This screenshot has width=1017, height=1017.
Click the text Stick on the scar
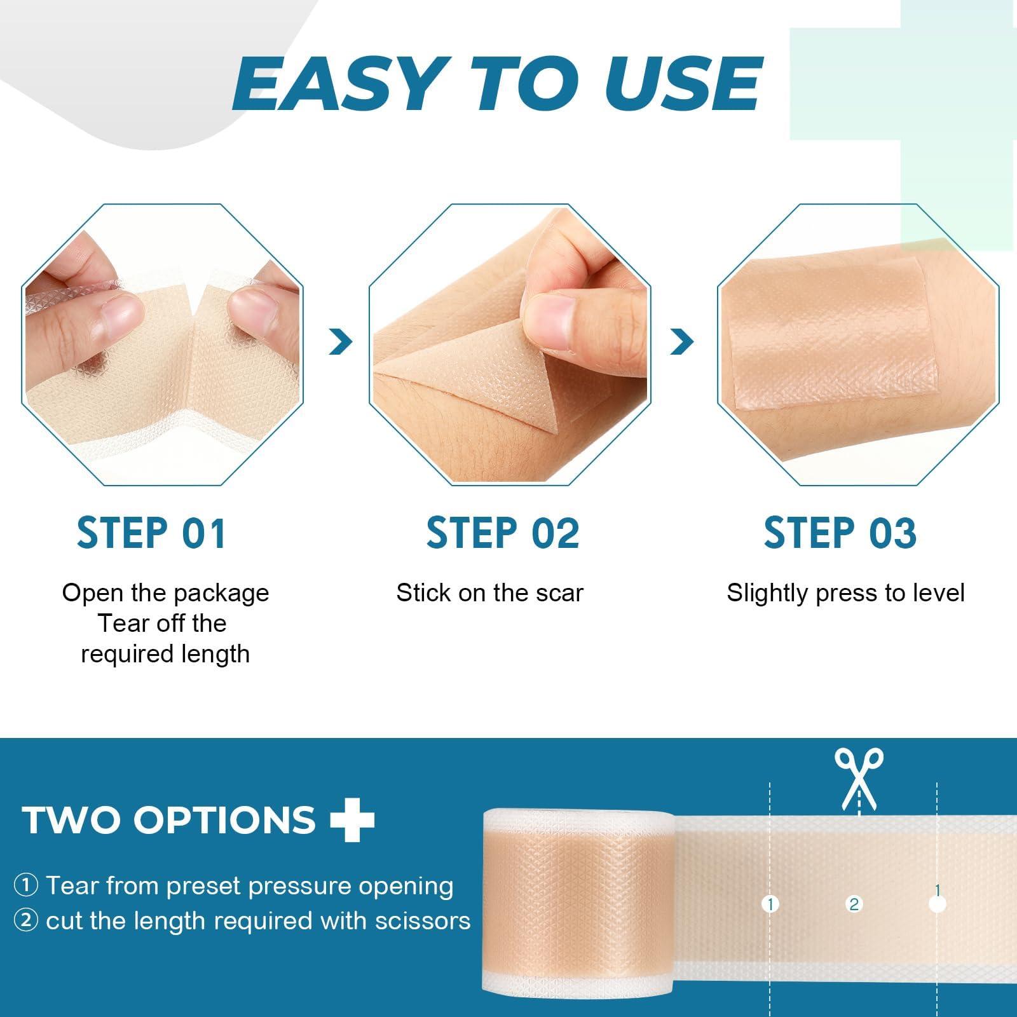click(x=489, y=593)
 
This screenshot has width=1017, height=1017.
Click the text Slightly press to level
click(x=845, y=593)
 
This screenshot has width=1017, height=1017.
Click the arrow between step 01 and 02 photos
click(x=341, y=343)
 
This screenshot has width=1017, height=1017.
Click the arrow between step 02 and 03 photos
click(x=681, y=343)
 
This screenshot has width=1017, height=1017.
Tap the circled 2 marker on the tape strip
click(x=854, y=904)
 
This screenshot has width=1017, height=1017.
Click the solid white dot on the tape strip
click(x=938, y=904)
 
